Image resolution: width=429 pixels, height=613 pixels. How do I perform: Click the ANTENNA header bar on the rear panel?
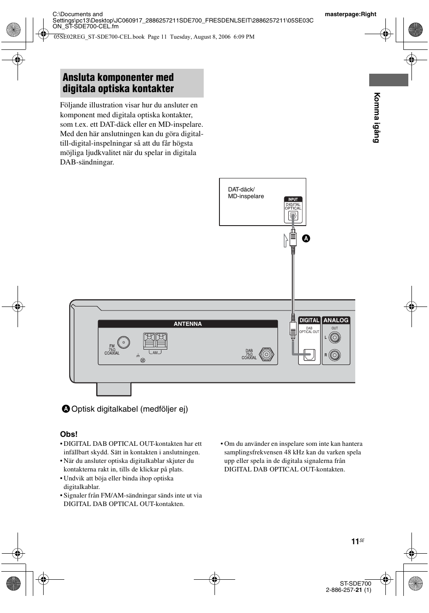click(188, 324)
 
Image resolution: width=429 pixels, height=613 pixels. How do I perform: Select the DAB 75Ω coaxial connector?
click(266, 354)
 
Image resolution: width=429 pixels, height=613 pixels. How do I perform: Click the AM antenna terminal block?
click(155, 341)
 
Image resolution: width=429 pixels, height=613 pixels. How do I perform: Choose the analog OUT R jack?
click(335, 355)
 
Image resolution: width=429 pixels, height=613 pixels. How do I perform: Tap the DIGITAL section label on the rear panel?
click(309, 320)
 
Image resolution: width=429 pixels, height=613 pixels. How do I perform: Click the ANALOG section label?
click(336, 320)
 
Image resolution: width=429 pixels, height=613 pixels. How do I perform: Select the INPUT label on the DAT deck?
click(293, 199)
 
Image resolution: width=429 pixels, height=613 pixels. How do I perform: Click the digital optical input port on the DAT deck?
click(293, 216)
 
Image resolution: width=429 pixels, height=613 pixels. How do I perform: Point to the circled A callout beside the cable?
click(305, 238)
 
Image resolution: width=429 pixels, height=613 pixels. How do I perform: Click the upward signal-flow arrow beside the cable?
click(286, 241)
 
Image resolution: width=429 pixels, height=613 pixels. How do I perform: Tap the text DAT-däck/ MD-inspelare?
click(246, 193)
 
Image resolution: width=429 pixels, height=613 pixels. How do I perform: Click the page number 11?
click(355, 542)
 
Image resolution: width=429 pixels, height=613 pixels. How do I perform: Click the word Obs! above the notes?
click(69, 434)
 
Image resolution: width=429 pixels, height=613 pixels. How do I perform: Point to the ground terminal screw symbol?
click(143, 360)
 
